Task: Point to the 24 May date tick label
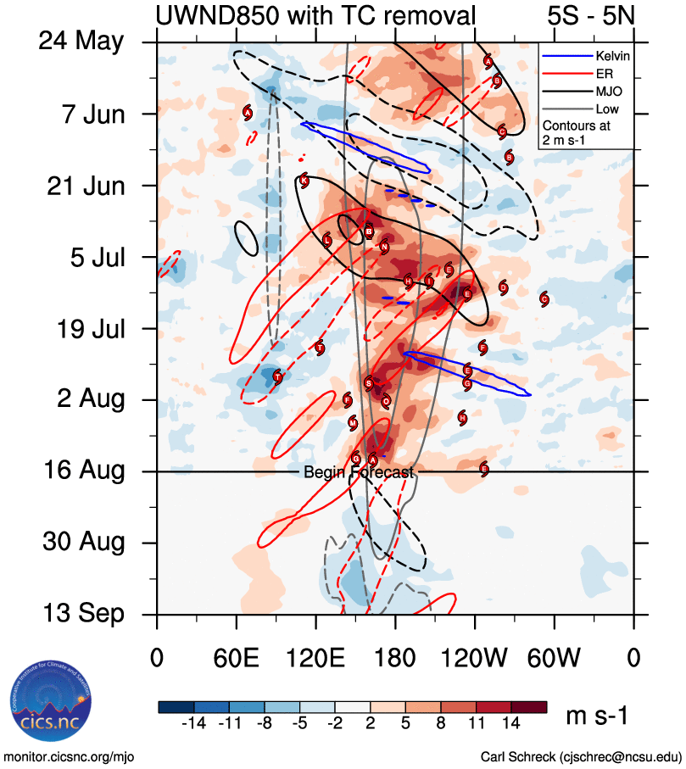click(81, 42)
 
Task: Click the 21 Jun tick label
click(84, 185)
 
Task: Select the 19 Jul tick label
click(86, 328)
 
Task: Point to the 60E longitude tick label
click(236, 659)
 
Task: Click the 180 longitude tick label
click(395, 659)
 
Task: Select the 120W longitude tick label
click(475, 659)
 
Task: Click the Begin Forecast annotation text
click(359, 472)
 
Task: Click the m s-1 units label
click(596, 716)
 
